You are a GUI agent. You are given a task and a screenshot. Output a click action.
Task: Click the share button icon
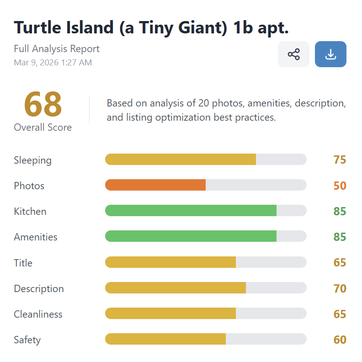pos(293,54)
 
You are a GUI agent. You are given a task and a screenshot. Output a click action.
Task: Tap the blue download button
pos(330,54)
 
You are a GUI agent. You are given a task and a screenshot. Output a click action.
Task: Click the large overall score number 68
pos(43,104)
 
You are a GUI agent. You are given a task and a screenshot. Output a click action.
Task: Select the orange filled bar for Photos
pos(155,185)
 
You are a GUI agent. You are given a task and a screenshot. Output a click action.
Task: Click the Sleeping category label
pos(32,160)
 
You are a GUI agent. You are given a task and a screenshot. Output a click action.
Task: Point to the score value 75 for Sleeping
pos(340,160)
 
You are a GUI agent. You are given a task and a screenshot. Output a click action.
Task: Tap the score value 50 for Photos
pos(340,186)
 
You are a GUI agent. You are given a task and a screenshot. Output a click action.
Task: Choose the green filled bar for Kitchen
pos(191,211)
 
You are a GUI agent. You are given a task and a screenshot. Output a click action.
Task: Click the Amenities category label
pos(36,237)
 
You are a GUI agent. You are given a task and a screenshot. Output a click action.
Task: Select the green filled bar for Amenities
pos(191,236)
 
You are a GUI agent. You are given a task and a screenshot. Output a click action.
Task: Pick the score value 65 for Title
pos(340,263)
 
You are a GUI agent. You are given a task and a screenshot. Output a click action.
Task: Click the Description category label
pos(39,288)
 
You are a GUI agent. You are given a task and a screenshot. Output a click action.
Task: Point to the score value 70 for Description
pos(340,288)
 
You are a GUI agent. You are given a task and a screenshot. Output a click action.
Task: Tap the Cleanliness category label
pos(38,314)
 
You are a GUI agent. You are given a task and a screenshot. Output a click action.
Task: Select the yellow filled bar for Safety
pos(165,339)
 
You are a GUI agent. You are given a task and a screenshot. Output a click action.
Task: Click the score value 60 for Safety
pos(340,340)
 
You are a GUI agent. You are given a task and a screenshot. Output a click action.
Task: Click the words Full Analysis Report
pos(57,49)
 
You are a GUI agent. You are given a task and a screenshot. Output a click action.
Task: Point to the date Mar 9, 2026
pos(36,63)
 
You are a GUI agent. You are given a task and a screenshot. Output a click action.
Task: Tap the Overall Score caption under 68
pos(43,127)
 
